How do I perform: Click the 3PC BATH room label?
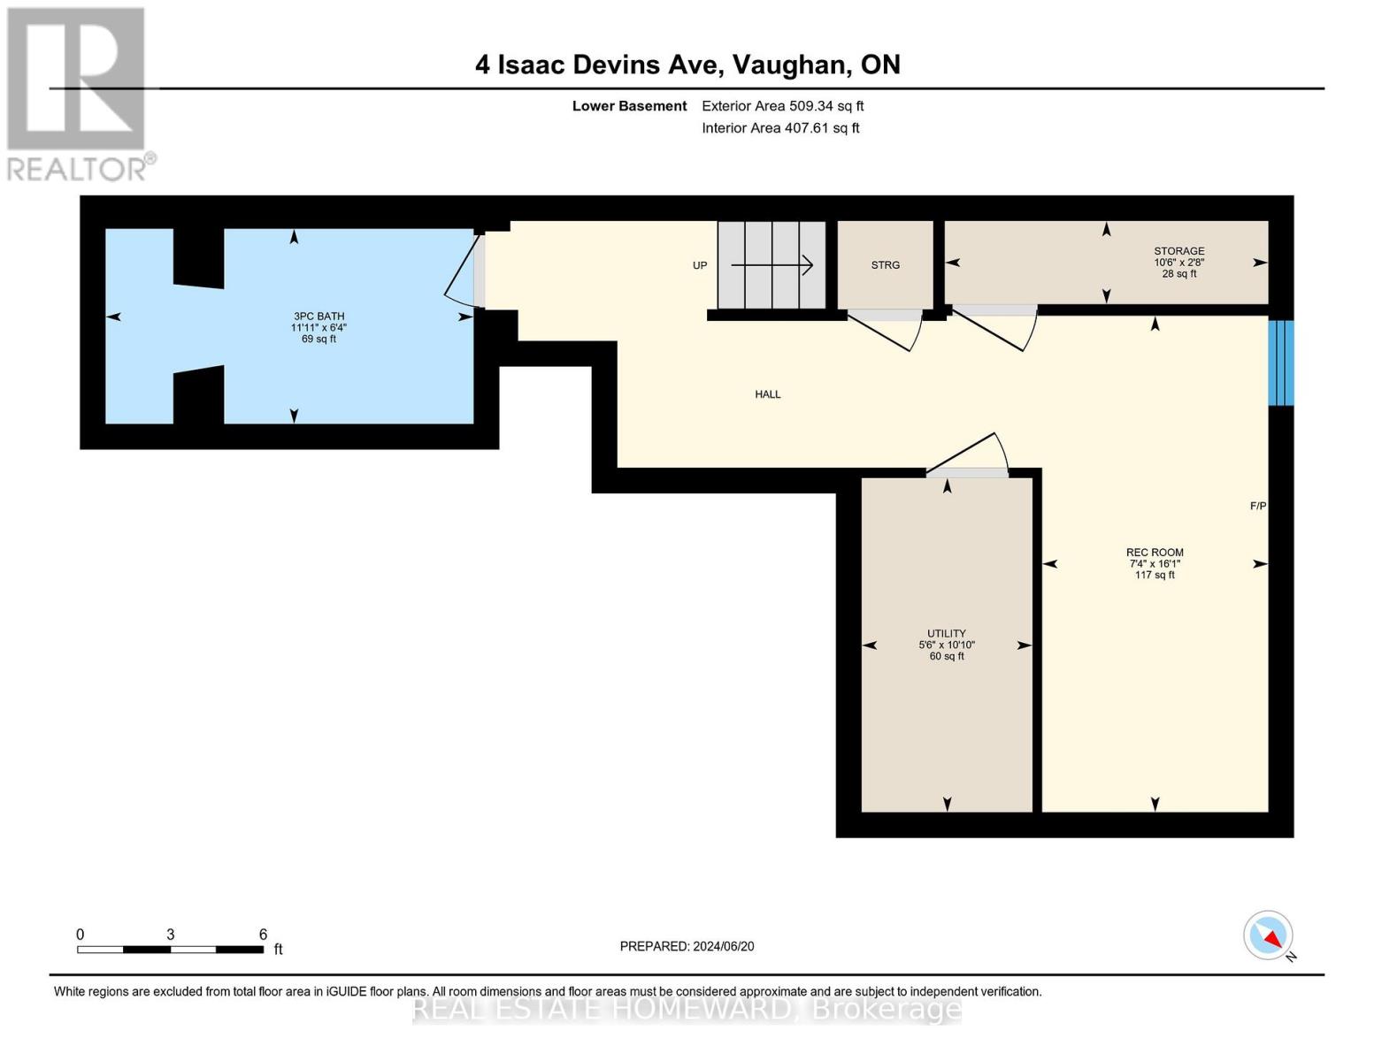point(319,317)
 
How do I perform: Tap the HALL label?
point(767,394)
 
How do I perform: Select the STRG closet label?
point(885,265)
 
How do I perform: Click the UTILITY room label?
point(946,634)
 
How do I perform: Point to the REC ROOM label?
point(1155,553)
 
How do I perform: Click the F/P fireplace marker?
point(1257,507)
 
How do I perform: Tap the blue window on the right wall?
point(1280,363)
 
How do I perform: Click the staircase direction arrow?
point(772,264)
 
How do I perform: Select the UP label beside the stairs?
point(700,265)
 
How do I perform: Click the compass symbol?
point(1269,935)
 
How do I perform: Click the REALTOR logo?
point(78,93)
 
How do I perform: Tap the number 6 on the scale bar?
point(263,935)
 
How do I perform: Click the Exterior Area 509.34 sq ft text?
point(782,106)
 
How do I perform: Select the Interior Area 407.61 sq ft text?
point(780,128)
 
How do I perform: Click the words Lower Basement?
point(629,106)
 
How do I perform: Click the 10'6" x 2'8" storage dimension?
point(1178,263)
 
